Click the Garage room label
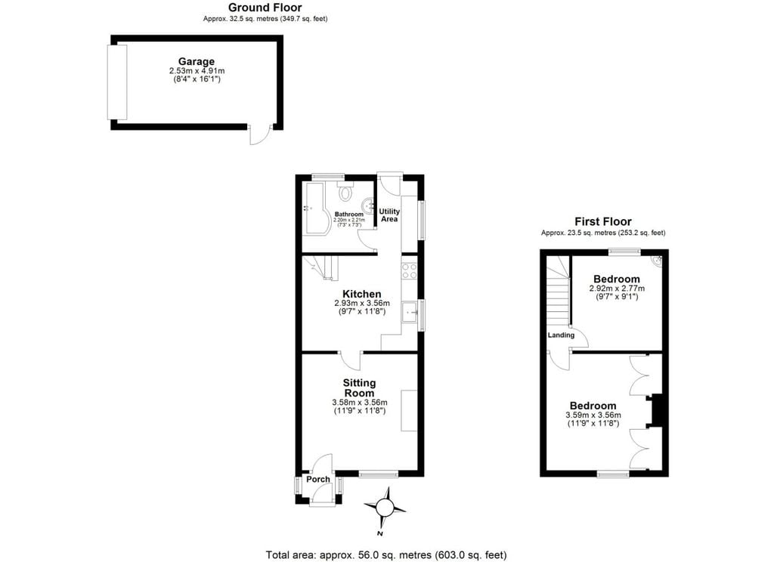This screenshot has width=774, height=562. click(196, 62)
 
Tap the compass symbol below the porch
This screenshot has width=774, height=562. click(385, 507)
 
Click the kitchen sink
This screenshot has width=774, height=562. click(409, 311)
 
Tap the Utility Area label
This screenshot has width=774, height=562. click(389, 215)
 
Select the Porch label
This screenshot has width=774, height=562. click(318, 479)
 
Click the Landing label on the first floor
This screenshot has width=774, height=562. click(561, 335)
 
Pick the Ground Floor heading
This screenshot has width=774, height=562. click(265, 8)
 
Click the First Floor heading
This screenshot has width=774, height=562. click(602, 221)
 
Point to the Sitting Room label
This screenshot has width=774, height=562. click(359, 388)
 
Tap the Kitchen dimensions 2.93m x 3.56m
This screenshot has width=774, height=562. click(362, 304)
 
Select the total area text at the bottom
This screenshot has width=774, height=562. click(386, 554)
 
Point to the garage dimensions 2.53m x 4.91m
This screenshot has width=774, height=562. click(197, 71)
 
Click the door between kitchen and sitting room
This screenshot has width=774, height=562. click(350, 360)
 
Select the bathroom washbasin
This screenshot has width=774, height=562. click(368, 204)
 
